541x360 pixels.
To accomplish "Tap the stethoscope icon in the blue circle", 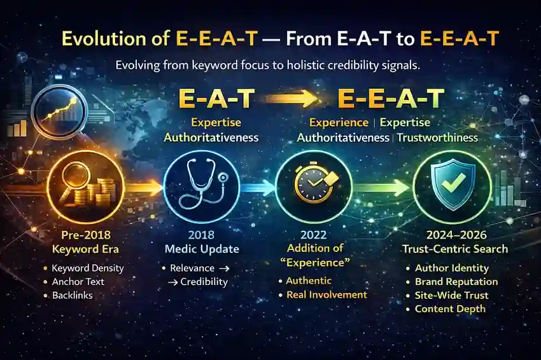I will (x=201, y=185).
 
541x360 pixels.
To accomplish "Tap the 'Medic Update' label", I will (x=201, y=246).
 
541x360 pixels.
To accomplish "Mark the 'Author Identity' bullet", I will (x=451, y=268).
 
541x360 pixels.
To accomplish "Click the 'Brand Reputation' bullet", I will (x=456, y=281).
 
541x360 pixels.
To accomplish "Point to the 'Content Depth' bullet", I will (x=450, y=308).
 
